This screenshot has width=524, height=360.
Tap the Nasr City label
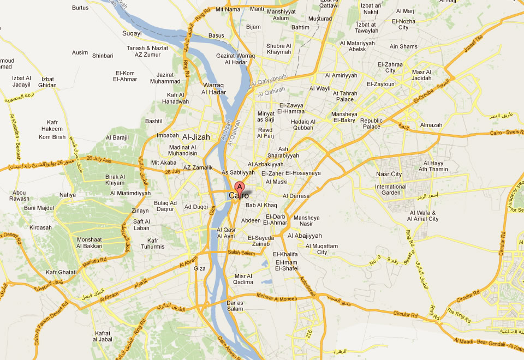389,175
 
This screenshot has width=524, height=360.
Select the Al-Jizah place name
196,137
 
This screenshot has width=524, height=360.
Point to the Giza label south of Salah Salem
200,268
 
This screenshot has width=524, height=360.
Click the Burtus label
80,8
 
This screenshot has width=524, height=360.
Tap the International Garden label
390,190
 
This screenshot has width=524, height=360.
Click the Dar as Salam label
235,306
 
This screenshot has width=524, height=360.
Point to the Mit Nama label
228,9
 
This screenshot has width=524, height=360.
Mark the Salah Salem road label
241,253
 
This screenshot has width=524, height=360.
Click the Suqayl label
132,33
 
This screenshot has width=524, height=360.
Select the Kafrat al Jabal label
103,337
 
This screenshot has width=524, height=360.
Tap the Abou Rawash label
19,195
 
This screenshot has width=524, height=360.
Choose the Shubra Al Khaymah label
279,49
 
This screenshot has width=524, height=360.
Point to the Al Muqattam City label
321,249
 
